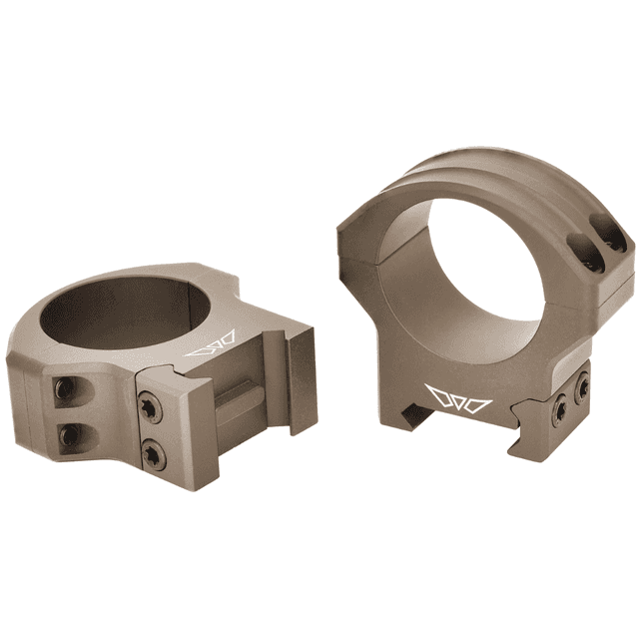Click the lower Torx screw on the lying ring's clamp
coord(153,453)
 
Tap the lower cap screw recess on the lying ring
coord(69,434)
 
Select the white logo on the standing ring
coord(458,397)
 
